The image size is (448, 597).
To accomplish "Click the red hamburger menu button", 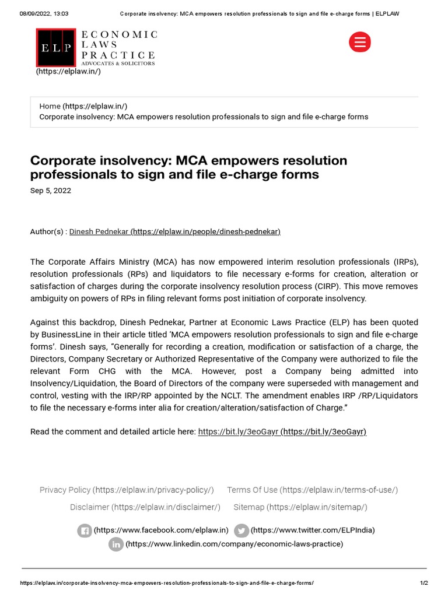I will [359, 43].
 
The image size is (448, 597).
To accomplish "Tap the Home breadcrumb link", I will [50, 106].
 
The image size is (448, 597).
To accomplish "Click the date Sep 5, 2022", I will [50, 191].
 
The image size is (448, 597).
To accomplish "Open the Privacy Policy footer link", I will [65, 490].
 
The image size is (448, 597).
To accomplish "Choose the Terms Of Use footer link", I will [252, 490].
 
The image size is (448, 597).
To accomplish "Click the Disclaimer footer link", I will [89, 507].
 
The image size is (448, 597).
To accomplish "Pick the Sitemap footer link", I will [249, 507].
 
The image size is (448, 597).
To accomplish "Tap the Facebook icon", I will [85, 531].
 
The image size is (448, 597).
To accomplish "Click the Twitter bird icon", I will [241, 531].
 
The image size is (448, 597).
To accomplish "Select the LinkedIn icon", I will [116, 545].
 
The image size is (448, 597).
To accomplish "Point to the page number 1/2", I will [423, 583].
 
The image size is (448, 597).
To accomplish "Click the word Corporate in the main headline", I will [62, 160].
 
